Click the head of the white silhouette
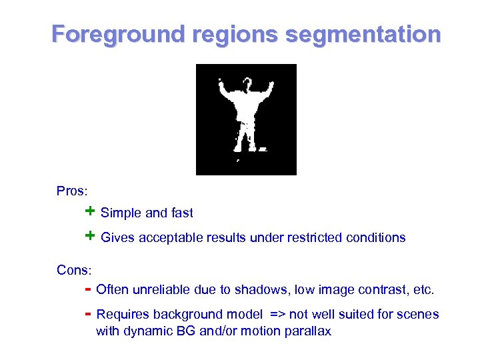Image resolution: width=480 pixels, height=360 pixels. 247,84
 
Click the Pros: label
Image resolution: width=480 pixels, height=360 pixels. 71,191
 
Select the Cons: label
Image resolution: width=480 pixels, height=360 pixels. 74,270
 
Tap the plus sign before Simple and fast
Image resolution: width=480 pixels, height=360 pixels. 90,212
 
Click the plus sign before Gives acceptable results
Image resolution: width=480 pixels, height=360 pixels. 90,237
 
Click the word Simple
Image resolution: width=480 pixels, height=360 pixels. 121,213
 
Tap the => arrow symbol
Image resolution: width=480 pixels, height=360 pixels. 277,315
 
